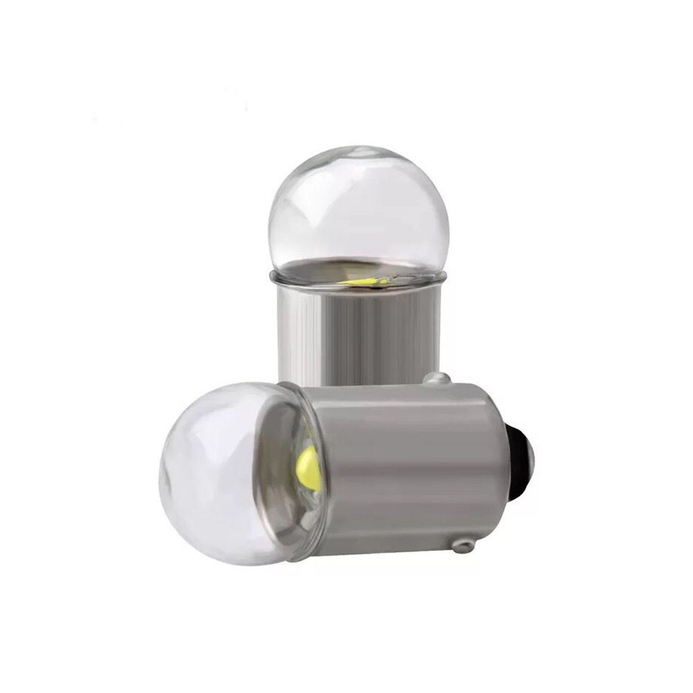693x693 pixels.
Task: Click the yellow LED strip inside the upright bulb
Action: coord(365,281)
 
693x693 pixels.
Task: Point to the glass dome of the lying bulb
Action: coord(215,471)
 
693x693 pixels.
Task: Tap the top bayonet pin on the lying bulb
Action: coord(438,378)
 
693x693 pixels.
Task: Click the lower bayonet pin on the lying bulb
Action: coord(462,546)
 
